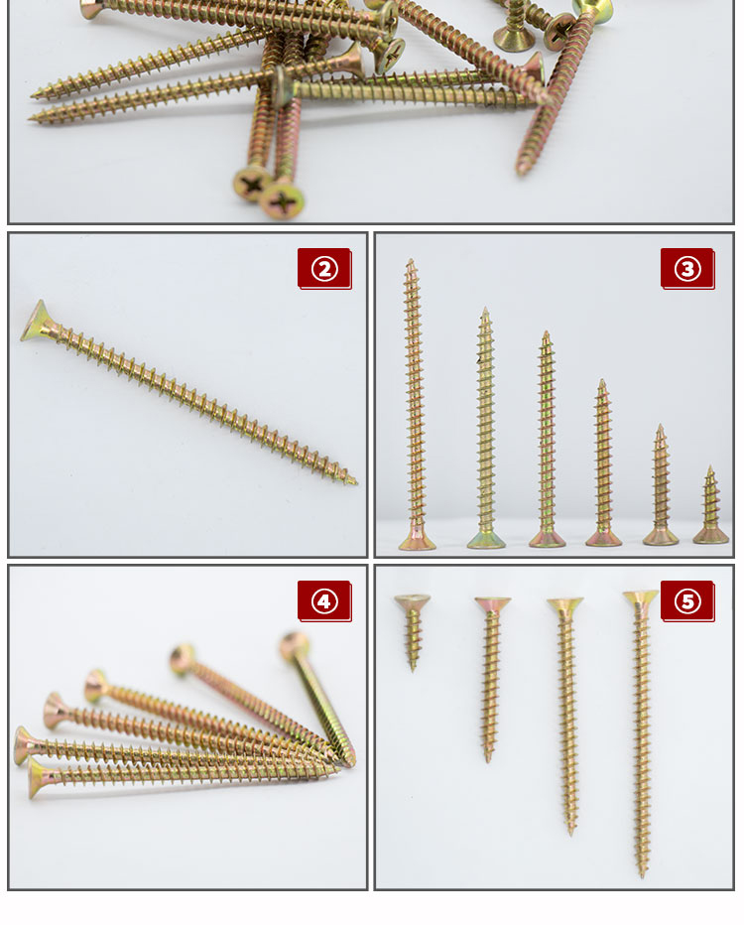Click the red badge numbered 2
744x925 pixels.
point(324,269)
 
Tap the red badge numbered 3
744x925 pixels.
point(687,269)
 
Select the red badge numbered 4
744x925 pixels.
point(324,601)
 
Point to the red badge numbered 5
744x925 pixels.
point(687,601)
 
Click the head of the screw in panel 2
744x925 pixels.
point(37,323)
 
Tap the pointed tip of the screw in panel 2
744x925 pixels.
point(355,483)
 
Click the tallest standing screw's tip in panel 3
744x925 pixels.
point(411,260)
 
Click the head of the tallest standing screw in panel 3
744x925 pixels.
point(417,540)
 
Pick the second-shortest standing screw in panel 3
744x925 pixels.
point(661,485)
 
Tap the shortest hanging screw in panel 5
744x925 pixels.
point(412,632)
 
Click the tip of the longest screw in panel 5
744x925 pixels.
point(643,874)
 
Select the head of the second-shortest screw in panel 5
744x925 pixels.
point(493,605)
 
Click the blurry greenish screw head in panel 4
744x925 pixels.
point(293,646)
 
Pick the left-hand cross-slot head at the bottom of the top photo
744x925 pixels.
point(252,185)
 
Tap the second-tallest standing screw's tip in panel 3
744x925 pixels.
point(485,309)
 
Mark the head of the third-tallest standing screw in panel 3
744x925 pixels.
point(548,539)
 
